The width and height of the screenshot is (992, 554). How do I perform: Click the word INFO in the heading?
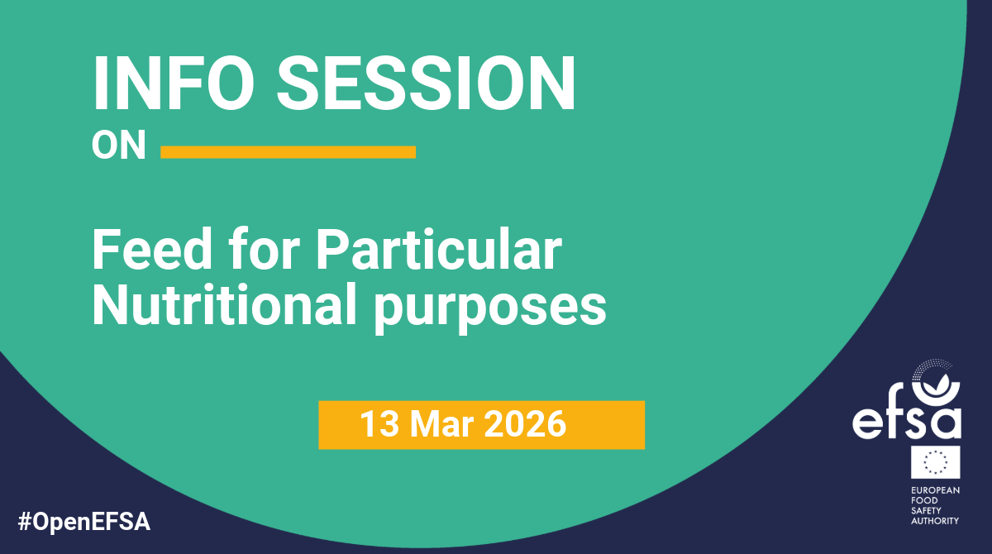click(x=173, y=83)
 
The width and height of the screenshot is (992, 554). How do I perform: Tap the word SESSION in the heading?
click(x=426, y=83)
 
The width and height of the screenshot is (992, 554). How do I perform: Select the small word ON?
click(x=119, y=145)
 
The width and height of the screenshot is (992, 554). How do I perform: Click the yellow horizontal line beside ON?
click(x=288, y=152)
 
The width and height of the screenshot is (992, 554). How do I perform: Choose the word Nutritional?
click(x=224, y=305)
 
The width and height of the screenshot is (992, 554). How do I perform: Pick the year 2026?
click(x=525, y=424)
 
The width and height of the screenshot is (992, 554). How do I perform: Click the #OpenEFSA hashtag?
click(x=84, y=522)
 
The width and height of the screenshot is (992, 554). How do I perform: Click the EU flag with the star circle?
click(x=935, y=462)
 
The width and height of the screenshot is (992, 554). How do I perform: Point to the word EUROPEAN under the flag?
click(x=935, y=490)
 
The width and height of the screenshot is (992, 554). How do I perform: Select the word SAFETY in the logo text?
click(x=926, y=511)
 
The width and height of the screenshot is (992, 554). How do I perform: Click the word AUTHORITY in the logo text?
click(x=935, y=521)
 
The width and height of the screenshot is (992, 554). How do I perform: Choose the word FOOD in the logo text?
click(x=924, y=500)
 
